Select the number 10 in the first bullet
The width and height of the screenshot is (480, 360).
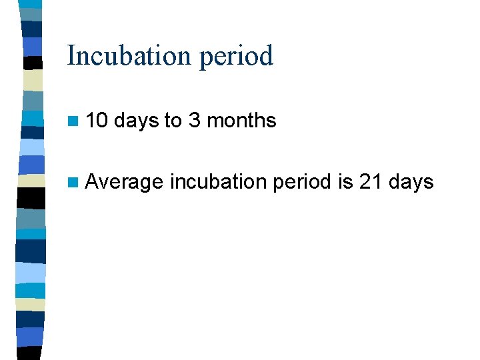point(97,121)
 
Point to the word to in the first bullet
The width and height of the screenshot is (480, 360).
point(173,121)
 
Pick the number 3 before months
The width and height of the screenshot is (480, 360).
point(195,121)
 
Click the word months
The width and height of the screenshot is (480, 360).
point(241,121)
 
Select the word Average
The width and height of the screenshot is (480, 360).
point(124,182)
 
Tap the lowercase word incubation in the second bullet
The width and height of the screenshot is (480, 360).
point(215,181)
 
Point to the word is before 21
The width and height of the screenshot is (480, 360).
point(345,181)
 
